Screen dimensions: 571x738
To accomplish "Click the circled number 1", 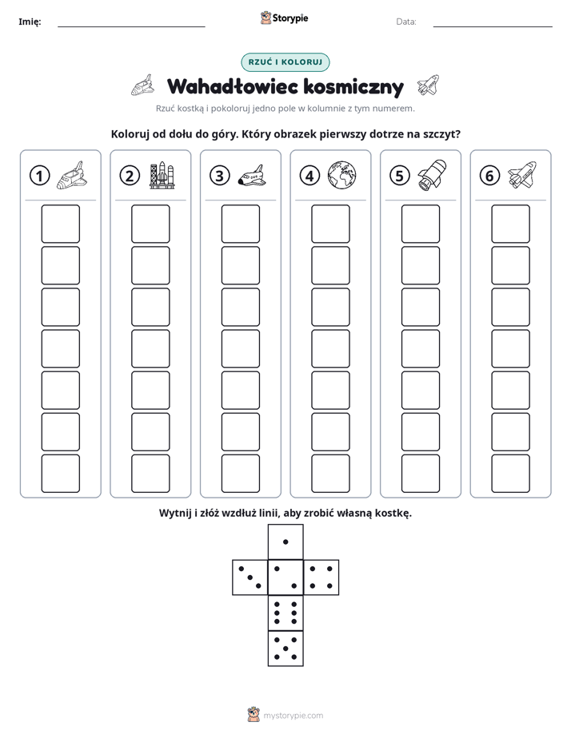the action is coord(39,176).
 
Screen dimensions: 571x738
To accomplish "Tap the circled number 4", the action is coord(309,176).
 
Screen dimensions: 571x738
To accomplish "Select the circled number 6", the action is coord(489,176).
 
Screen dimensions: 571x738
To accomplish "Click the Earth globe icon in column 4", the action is coord(342,175).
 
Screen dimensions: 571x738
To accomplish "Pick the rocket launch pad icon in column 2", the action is coord(162,176).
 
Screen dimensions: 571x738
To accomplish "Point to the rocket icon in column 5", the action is coord(432,175).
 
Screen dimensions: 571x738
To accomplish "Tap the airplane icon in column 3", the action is coord(252,176).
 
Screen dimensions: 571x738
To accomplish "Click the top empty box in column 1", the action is coord(60,224).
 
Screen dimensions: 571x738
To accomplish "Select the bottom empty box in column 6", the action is coord(511,474).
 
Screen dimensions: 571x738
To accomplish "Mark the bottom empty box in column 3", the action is coord(240,474).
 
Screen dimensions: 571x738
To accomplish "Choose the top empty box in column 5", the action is coord(421,224).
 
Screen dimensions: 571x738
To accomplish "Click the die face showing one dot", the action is coord(285,542).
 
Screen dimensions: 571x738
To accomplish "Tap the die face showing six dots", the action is coord(285,613).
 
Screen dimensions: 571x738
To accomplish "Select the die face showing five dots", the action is coord(285,648).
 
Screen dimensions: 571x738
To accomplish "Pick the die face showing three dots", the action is coord(250,577).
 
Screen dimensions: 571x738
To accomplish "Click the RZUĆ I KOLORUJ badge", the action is coord(285,62).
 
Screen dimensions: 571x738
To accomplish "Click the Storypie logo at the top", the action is coord(284,18).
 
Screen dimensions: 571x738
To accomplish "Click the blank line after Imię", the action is coord(131,26).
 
